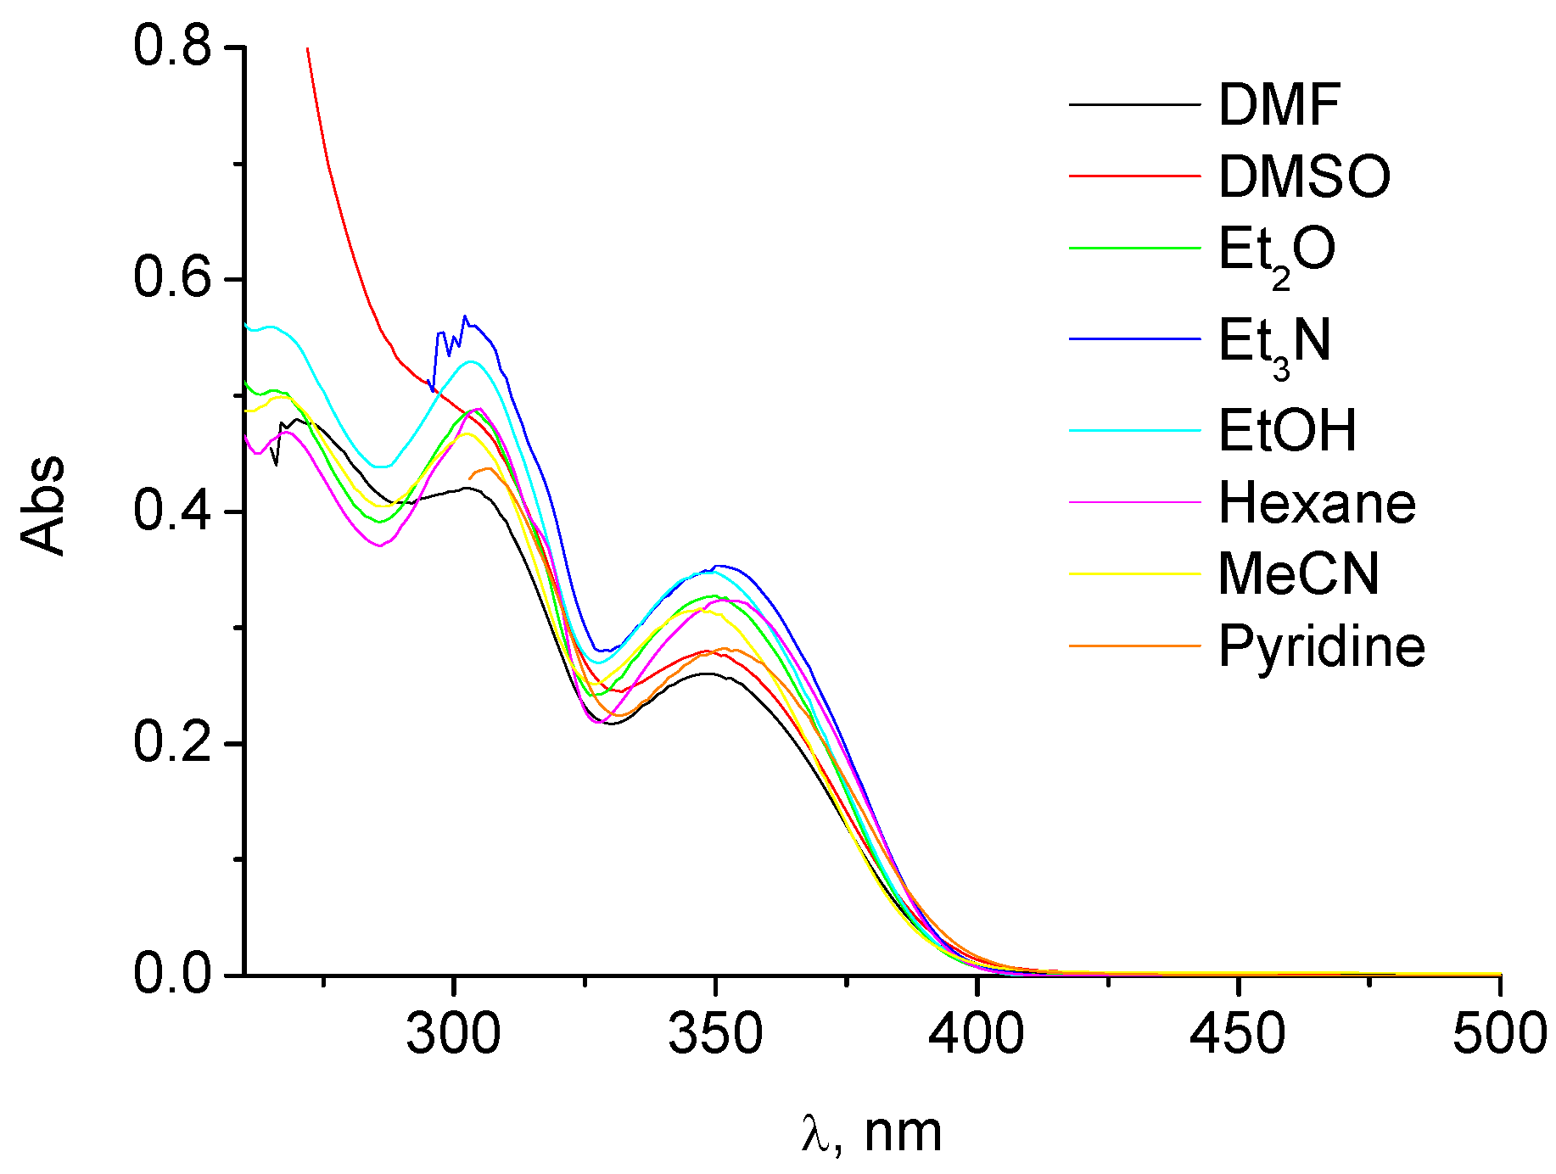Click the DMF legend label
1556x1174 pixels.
1279,105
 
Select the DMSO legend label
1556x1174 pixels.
1304,176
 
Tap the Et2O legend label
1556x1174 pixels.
1277,252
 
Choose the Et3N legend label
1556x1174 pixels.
1274,343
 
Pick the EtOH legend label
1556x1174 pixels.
1287,430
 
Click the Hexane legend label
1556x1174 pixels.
1317,503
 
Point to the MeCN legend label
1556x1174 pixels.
1298,574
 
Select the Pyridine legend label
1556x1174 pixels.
1321,647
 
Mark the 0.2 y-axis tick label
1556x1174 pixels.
172,743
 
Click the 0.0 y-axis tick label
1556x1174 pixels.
172,975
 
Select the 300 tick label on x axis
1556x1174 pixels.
454,1035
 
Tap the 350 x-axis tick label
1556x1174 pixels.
715,1035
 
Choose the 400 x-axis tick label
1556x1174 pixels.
977,1035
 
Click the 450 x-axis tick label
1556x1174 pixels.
1238,1035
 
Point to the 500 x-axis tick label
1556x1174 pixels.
1499,1035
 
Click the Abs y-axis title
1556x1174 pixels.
42,506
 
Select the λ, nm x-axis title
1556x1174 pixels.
871,1132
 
